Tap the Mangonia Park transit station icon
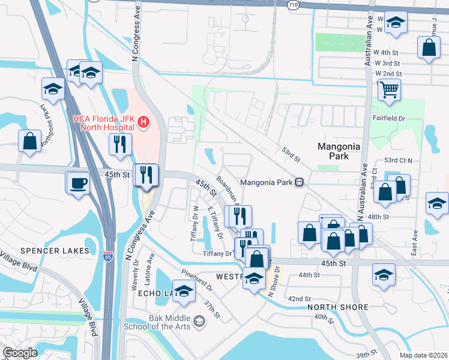[298, 182]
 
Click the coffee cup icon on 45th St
[78, 182]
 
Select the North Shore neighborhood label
[337, 307]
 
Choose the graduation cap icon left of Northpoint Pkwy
[53, 89]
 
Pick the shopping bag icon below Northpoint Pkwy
[29, 142]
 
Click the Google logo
[20, 353]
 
